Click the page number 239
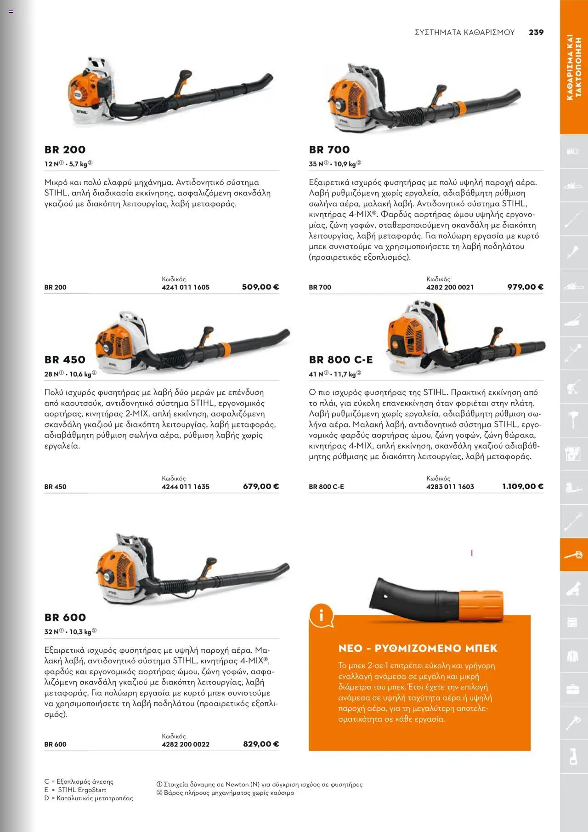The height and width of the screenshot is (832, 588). tap(536, 32)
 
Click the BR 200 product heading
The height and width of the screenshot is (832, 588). tap(65, 149)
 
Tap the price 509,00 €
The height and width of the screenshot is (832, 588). tap(260, 287)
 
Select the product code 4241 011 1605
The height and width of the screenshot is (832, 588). tap(185, 287)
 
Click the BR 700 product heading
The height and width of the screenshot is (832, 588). tap(329, 149)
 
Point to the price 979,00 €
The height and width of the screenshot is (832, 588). tap(525, 287)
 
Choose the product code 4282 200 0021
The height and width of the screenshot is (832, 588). tap(450, 287)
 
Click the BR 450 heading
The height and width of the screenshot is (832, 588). tap(65, 359)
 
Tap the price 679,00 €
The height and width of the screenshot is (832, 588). tap(260, 486)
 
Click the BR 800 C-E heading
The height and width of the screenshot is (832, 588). tap(340, 359)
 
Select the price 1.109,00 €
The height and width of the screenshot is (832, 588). tap(522, 486)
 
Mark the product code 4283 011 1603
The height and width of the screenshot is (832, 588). tap(450, 487)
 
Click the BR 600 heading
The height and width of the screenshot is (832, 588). tap(65, 617)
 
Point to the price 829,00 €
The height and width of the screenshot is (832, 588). tap(260, 744)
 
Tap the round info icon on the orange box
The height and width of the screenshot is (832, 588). tap(321, 615)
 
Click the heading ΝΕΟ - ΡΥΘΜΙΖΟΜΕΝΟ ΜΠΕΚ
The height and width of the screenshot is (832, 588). tap(418, 648)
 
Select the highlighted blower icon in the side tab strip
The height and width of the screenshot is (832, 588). tap(573, 555)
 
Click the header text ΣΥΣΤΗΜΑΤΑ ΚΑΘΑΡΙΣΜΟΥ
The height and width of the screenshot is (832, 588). tap(464, 32)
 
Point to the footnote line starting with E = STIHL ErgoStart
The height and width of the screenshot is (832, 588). tap(75, 790)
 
